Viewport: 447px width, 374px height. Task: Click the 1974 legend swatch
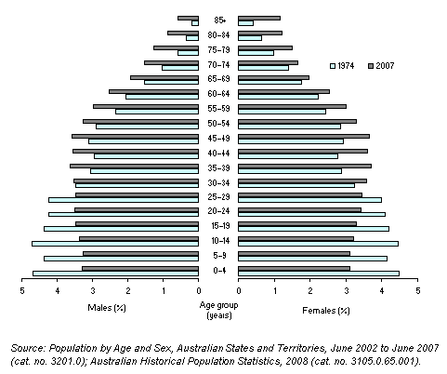(x=333, y=65)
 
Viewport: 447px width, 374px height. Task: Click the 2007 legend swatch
(x=370, y=65)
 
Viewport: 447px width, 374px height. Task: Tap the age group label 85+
(x=219, y=20)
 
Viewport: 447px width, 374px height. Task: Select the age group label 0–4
(x=219, y=271)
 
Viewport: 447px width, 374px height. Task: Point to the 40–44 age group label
(x=219, y=153)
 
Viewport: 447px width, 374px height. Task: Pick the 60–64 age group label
(x=219, y=93)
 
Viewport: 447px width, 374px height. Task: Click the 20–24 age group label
(x=219, y=211)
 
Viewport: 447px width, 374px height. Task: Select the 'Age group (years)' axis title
(x=218, y=310)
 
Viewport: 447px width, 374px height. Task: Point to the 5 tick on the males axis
(x=21, y=291)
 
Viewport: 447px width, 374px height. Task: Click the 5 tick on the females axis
(x=418, y=291)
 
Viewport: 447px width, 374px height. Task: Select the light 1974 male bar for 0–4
(x=115, y=274)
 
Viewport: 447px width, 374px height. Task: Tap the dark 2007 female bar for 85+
(x=259, y=17)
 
